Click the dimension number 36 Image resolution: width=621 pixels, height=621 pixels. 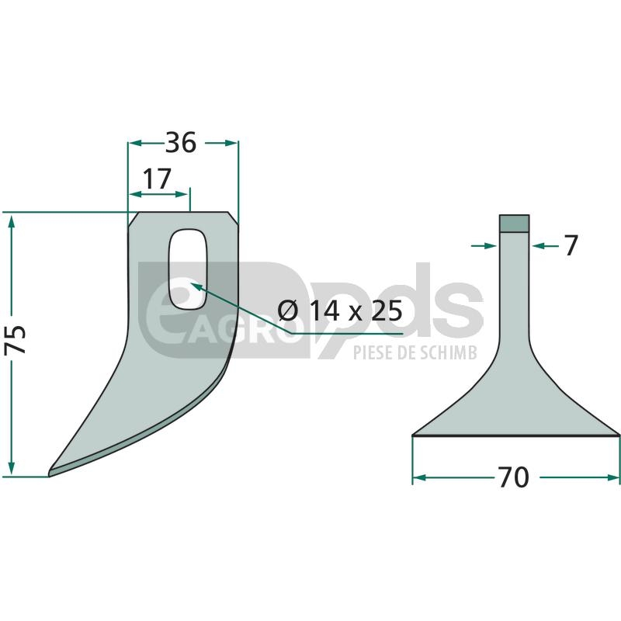[181, 143]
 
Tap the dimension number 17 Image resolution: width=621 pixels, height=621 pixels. [157, 179]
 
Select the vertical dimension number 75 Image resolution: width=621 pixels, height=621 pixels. [15, 339]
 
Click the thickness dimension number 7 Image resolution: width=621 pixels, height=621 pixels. [571, 245]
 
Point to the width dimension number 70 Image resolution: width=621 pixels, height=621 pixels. [514, 477]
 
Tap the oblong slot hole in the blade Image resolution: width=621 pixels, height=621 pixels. [188, 269]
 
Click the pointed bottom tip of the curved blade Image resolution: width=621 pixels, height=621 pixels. [50, 474]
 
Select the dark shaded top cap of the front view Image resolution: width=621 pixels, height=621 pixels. [514, 223]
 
